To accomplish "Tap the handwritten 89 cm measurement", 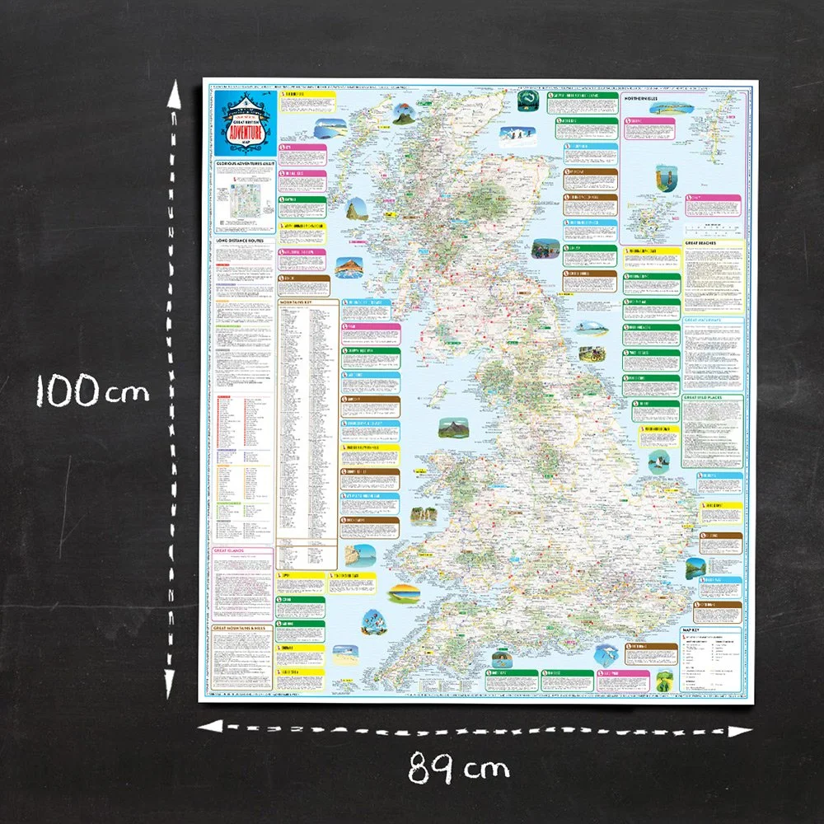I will click(x=458, y=770).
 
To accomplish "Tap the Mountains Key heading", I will click(x=297, y=302).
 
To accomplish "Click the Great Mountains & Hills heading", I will click(x=242, y=629).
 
